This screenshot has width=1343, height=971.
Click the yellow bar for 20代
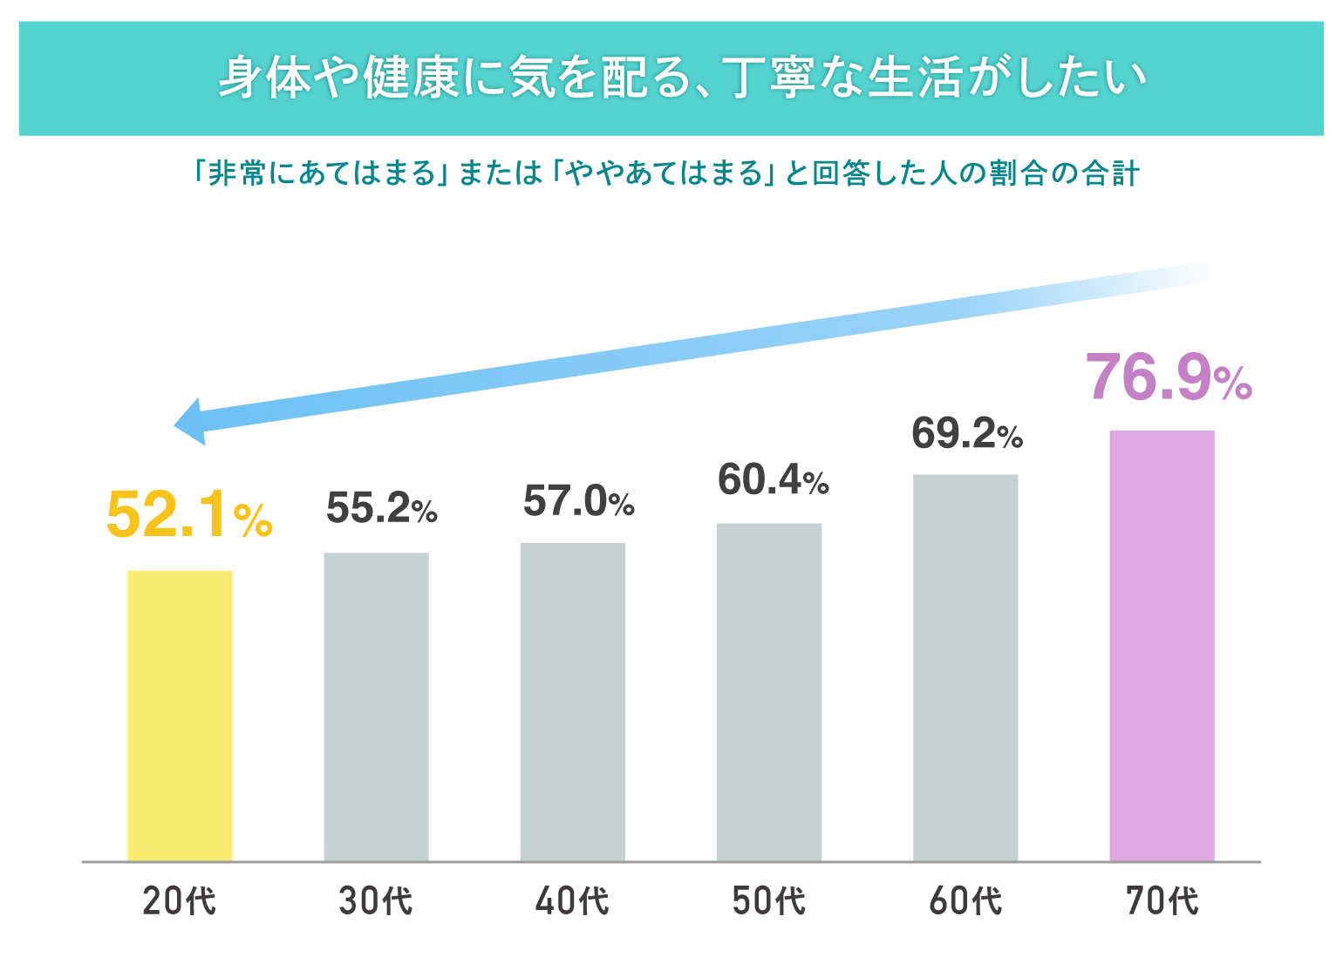pyautogui.click(x=180, y=716)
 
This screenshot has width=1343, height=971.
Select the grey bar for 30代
pyautogui.click(x=376, y=707)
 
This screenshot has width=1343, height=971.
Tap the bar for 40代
pyautogui.click(x=572, y=702)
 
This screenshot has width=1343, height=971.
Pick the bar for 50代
pyautogui.click(x=768, y=692)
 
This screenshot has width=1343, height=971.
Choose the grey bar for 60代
pyautogui.click(x=965, y=668)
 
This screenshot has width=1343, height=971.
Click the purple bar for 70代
pyautogui.click(x=1162, y=646)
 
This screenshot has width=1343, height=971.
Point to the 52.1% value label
pyautogui.click(x=188, y=515)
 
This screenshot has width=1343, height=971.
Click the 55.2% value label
pyautogui.click(x=381, y=508)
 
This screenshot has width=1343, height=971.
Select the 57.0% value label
pyautogui.click(x=578, y=501)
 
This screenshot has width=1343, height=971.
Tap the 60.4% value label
pyautogui.click(x=773, y=479)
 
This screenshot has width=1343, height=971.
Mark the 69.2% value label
pyautogui.click(x=967, y=433)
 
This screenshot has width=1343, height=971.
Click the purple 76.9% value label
pyautogui.click(x=1169, y=377)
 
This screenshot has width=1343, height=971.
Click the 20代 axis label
pyautogui.click(x=180, y=901)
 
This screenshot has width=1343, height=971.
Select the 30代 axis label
pyautogui.click(x=376, y=901)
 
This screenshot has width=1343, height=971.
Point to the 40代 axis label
pyautogui.click(x=572, y=901)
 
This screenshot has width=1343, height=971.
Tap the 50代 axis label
pyautogui.click(x=768, y=901)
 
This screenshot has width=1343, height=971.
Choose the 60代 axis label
pyautogui.click(x=965, y=901)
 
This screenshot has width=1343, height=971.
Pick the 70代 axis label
pyautogui.click(x=1162, y=901)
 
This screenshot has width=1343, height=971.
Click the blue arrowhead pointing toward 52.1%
pyautogui.click(x=192, y=423)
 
